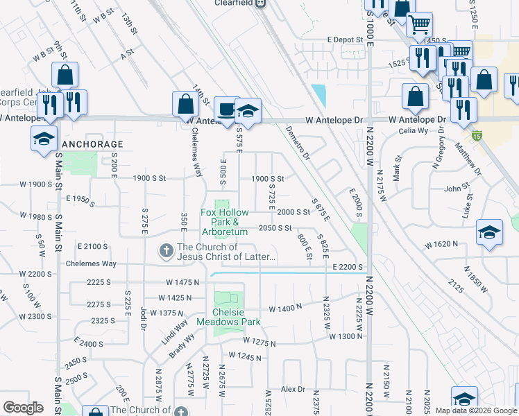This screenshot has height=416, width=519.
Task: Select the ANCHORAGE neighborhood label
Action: coord(93,144)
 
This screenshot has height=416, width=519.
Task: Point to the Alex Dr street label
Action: coord(293,389)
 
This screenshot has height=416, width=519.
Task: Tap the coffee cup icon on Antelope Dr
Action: coord(226,108)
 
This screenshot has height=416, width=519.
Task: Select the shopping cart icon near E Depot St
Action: coord(419,24)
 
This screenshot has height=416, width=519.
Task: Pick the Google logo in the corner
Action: coord(24,408)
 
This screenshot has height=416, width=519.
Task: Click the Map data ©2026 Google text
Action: coord(475,410)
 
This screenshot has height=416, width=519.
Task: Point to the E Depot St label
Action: coord(345,40)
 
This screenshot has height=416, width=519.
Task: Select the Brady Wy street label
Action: coord(180,347)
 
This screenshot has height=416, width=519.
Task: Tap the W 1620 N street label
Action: coord(443,244)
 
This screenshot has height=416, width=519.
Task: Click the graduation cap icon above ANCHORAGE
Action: coord(44,137)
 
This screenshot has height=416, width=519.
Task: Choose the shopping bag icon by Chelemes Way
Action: coord(186,104)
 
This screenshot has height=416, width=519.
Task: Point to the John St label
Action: coord(453,188)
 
